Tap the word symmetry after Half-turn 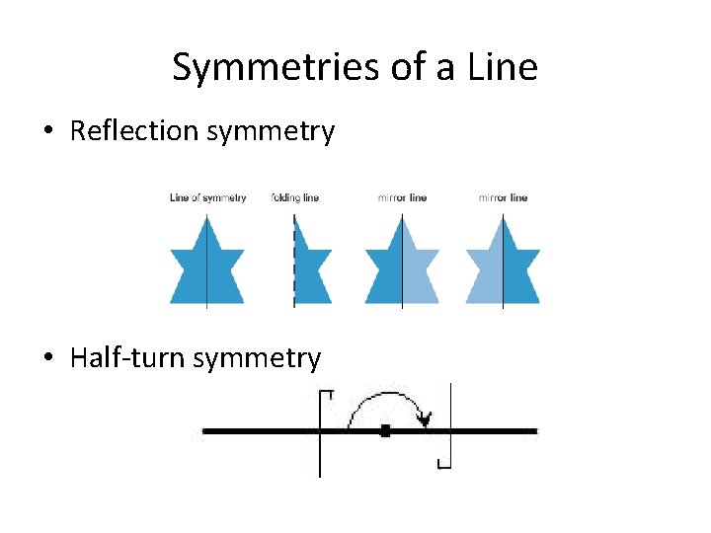click(258, 359)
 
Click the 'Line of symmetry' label click(208, 197)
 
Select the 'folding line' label click(295, 197)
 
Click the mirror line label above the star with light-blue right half click(402, 197)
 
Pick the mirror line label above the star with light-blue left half click(503, 197)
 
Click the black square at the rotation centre click(385, 430)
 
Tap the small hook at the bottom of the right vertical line click(444, 463)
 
